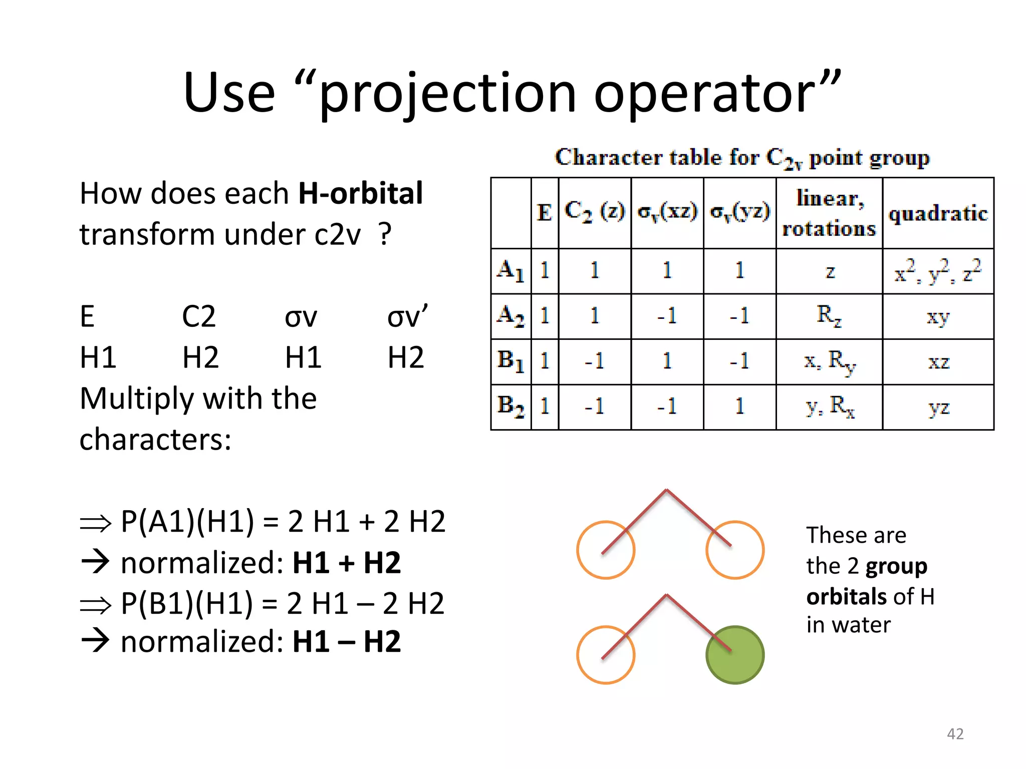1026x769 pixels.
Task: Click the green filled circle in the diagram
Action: coord(734,654)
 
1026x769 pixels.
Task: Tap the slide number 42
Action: coord(955,733)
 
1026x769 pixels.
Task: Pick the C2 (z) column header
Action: coord(594,212)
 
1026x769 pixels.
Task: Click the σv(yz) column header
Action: coord(739,212)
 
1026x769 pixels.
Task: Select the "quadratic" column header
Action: coord(938,214)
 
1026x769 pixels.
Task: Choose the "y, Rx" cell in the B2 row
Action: coord(830,407)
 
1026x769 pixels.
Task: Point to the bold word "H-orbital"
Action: coord(360,194)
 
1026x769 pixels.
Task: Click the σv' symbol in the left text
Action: coord(407,316)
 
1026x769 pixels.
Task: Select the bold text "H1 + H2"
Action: coord(346,563)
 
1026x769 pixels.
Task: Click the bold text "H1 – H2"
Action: coord(346,642)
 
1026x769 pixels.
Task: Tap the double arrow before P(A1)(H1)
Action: coord(95,523)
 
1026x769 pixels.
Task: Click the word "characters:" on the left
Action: coord(155,440)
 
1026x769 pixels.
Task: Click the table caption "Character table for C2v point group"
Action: coord(742,158)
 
